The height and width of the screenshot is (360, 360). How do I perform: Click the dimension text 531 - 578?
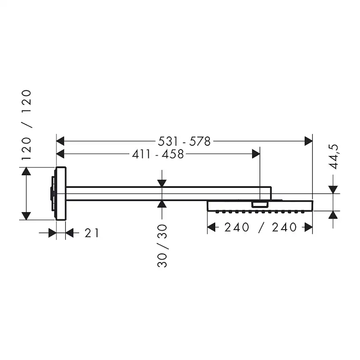[x=184, y=141]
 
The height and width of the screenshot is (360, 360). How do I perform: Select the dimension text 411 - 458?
[x=157, y=154]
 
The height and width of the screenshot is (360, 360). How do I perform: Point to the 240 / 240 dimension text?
[x=260, y=227]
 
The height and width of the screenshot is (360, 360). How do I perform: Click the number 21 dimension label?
[x=91, y=233]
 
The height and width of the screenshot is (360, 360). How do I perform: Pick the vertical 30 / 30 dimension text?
[x=162, y=245]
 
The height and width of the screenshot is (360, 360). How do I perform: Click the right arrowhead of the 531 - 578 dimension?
[x=308, y=141]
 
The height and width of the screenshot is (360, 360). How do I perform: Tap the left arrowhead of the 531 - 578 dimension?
[x=61, y=141]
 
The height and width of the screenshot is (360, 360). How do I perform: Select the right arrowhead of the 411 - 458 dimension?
[x=255, y=154]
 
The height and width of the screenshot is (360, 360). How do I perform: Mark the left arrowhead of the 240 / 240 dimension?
[x=212, y=227]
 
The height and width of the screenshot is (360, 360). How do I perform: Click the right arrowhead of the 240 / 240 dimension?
[x=308, y=227]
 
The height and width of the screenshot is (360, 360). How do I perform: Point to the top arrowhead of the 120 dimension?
[x=27, y=172]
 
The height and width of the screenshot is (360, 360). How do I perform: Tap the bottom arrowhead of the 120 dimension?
[x=27, y=215]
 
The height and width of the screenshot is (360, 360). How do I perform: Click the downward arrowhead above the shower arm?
[x=162, y=183]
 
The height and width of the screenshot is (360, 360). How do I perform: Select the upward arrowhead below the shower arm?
[x=162, y=205]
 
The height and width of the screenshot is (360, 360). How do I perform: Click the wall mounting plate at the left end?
[x=60, y=193]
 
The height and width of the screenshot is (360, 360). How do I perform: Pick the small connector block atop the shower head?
[x=260, y=204]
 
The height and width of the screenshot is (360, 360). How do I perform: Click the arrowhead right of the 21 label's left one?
[x=70, y=233]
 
